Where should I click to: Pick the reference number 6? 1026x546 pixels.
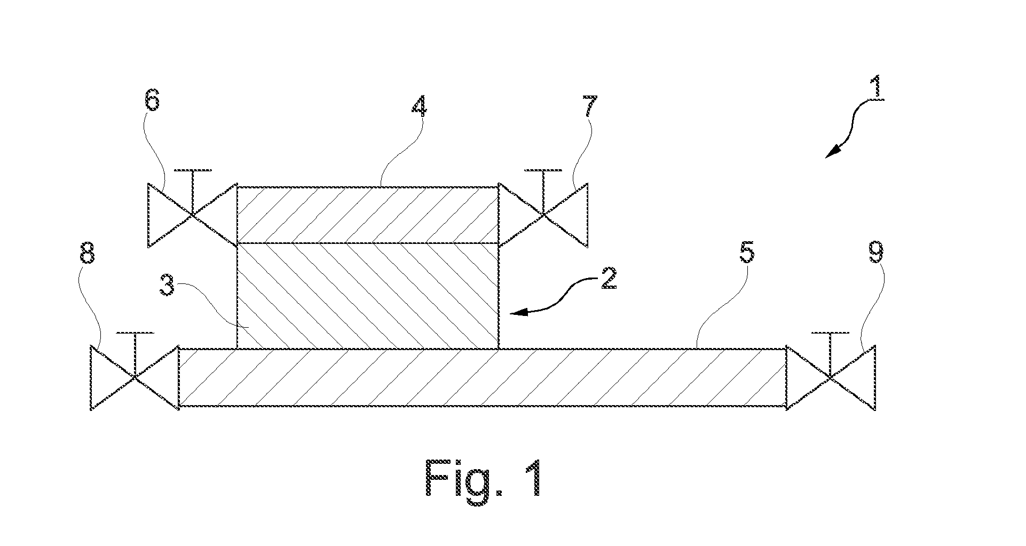[153, 100]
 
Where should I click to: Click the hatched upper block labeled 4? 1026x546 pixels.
[367, 215]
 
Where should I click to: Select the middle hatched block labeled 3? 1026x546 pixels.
[367, 296]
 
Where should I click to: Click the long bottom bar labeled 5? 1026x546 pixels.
[482, 378]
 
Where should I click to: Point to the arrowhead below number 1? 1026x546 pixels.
[832, 152]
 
